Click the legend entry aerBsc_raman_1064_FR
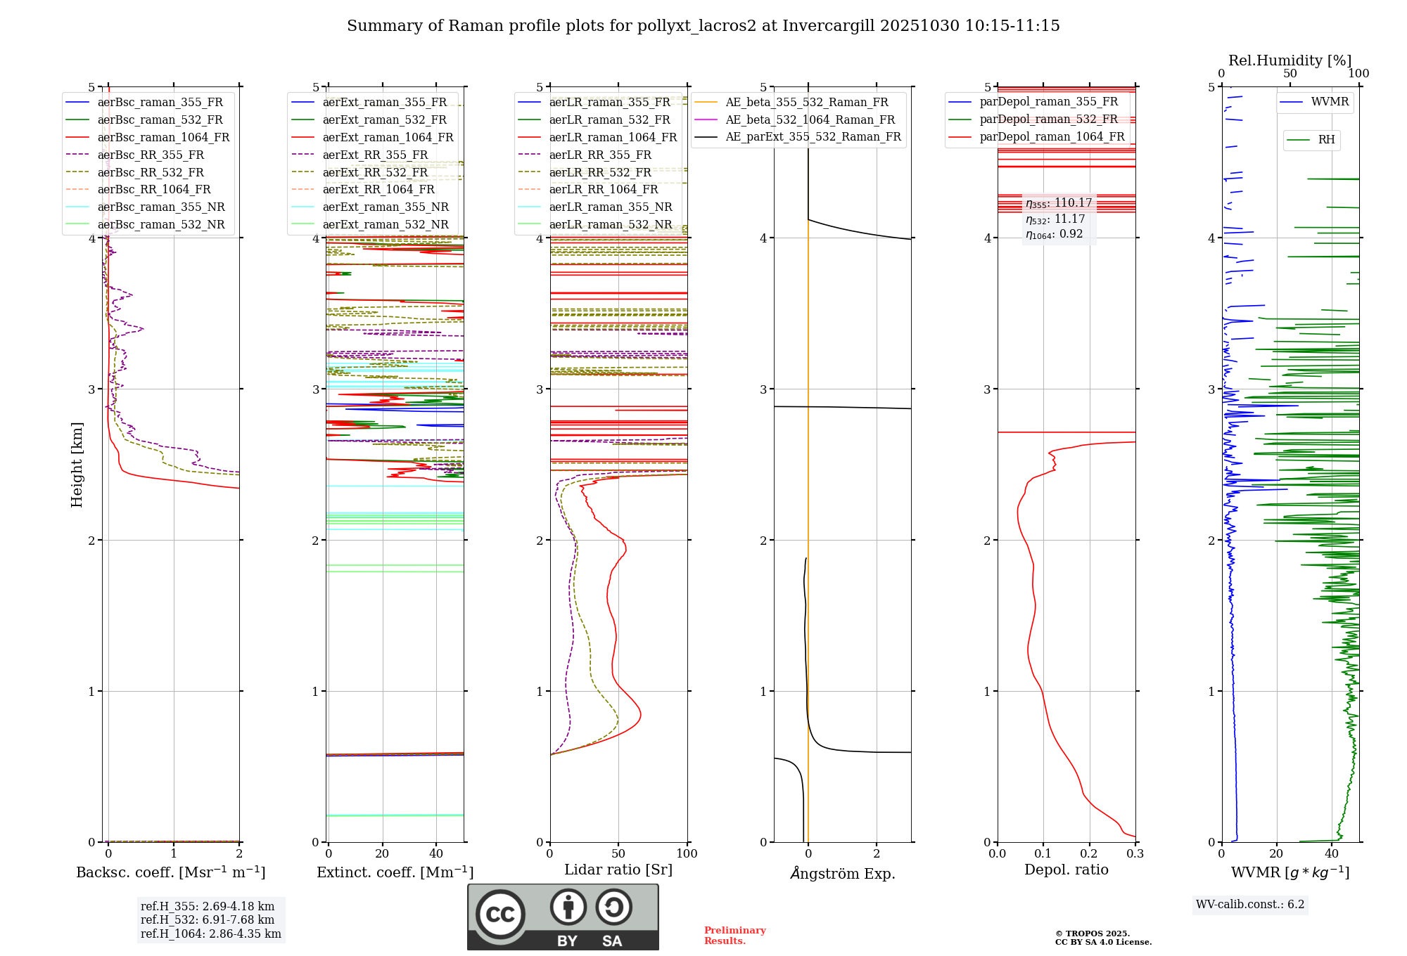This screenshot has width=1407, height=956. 163,137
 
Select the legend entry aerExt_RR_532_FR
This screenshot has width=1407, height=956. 375,172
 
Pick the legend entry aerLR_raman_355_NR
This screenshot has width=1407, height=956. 610,207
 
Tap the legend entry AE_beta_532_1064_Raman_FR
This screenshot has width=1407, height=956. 810,119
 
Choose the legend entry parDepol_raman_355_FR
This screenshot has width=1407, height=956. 1048,102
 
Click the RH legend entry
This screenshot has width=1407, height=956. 1326,140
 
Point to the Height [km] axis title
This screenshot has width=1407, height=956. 77,465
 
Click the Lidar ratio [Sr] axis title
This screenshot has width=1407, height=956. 618,870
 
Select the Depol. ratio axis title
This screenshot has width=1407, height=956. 1066,870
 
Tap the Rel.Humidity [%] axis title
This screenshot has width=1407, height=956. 1290,60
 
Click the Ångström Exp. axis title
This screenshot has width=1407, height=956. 842,873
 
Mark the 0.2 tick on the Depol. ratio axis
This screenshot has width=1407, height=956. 1089,853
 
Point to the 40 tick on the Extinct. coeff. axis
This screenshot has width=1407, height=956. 436,853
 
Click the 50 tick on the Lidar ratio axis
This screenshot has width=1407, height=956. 618,853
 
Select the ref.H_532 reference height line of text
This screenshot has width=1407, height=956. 208,919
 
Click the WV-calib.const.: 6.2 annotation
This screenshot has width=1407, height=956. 1250,904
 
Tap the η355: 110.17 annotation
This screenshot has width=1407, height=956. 1059,203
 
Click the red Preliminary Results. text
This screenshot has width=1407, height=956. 734,935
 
